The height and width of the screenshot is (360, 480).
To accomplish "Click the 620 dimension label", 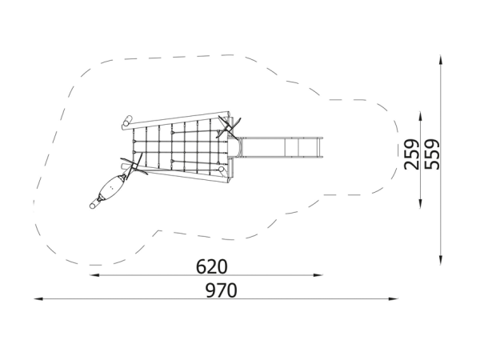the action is click(x=211, y=266).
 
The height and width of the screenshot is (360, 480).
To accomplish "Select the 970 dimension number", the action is click(x=221, y=290).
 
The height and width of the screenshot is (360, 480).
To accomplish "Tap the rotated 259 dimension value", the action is click(x=412, y=154).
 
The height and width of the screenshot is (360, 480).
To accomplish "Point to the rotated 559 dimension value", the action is click(x=432, y=154).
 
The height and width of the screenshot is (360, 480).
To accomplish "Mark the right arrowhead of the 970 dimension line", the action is click(x=394, y=298).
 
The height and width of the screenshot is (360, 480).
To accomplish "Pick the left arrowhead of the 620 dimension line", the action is click(x=94, y=275).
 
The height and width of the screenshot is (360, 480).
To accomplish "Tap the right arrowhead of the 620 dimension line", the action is click(x=318, y=275).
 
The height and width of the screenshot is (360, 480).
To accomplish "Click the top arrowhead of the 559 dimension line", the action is click(x=441, y=59).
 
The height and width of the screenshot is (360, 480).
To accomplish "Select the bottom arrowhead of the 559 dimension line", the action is click(x=441, y=260).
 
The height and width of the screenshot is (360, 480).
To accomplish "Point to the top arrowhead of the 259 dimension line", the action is click(x=420, y=116).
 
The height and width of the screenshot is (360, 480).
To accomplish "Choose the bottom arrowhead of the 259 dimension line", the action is click(x=420, y=204).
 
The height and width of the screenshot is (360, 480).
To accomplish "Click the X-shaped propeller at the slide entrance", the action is click(x=228, y=127).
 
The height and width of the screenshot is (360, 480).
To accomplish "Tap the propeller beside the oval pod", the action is click(x=134, y=167).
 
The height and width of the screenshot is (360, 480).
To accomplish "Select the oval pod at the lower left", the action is click(x=111, y=187).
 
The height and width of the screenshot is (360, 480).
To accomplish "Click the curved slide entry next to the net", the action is click(x=236, y=148).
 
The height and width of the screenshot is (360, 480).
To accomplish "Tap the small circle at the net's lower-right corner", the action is click(x=221, y=170).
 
